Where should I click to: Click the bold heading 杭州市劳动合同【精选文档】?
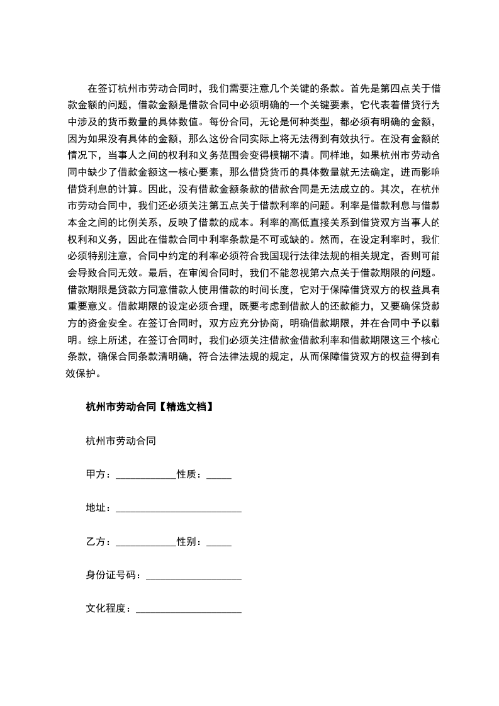pos(150,406)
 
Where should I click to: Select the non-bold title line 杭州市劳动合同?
pos(120,440)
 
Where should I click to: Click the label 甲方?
pos(95,474)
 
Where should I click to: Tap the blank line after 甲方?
pos(146,476)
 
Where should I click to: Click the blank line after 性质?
pos(218,476)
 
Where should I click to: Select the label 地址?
pos(95,508)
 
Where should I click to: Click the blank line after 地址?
pos(179,509)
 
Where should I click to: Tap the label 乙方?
pos(95,542)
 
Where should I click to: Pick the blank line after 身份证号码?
pos(193,576)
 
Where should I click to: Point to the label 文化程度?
pos(108,609)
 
